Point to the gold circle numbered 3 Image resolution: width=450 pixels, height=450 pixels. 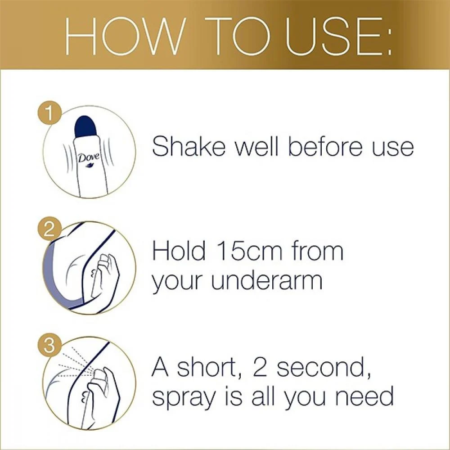click(x=49, y=345)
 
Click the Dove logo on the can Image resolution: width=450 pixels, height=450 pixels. click(x=89, y=158)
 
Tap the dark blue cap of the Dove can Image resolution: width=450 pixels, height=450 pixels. click(x=85, y=127)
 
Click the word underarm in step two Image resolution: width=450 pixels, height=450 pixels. click(x=267, y=281)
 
